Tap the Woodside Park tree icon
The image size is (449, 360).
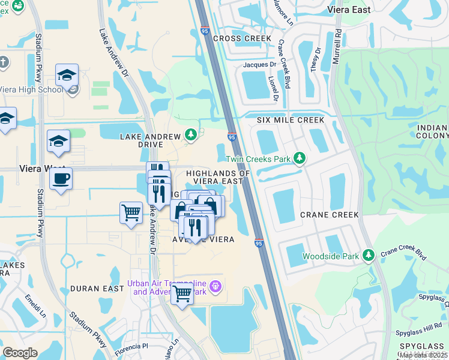coord(369,256)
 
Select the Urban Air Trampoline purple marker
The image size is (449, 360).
coord(217,288)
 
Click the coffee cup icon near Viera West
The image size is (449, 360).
coord(61,179)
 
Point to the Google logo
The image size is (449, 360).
coord(20,353)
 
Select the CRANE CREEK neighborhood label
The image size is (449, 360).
coord(330,215)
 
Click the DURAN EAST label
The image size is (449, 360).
coord(92,289)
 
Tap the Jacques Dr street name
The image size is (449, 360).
coord(259,64)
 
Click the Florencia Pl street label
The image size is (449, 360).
coord(131,346)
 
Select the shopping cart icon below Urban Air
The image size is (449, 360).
coord(182,294)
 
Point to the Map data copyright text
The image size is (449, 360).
coord(423,355)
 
